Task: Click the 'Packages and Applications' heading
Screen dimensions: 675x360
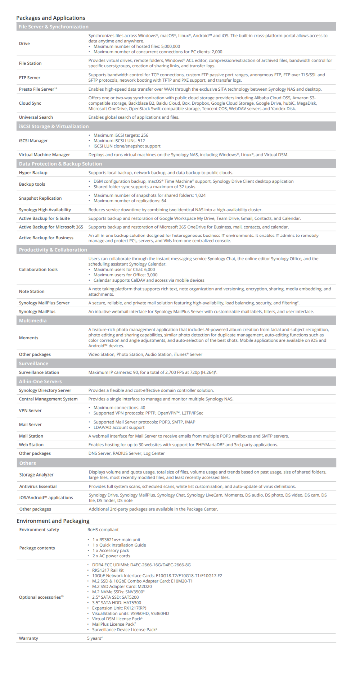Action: (x=51, y=18)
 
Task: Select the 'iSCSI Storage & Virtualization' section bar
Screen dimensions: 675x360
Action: (x=54, y=126)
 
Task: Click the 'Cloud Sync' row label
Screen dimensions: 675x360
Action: (x=30, y=103)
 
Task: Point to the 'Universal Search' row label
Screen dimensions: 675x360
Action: (x=36, y=117)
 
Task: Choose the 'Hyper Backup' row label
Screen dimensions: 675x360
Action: (x=33, y=173)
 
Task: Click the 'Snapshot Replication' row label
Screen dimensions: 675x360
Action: (x=40, y=198)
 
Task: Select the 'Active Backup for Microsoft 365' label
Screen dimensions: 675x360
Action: (x=51, y=227)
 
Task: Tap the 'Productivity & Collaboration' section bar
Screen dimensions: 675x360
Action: (x=53, y=250)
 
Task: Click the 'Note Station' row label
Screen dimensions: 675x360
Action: (x=32, y=291)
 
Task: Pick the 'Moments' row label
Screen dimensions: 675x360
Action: (x=28, y=338)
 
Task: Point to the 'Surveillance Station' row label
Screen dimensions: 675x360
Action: (x=39, y=372)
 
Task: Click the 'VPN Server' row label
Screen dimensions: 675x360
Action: (x=30, y=411)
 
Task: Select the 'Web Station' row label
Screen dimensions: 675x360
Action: (x=31, y=445)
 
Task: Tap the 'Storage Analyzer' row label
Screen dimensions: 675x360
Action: (x=36, y=475)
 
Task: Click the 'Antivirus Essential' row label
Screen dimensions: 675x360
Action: (x=38, y=486)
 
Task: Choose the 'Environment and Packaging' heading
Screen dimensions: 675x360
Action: (x=53, y=521)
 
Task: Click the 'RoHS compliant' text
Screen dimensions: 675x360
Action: (x=103, y=530)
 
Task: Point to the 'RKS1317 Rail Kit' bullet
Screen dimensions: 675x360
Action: (x=108, y=570)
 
